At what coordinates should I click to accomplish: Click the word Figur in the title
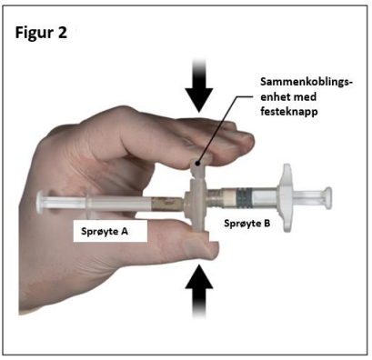[33, 33]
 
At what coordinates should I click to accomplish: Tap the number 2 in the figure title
[62, 32]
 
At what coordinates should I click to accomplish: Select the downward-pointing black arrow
[199, 85]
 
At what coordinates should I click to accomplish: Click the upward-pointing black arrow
[199, 291]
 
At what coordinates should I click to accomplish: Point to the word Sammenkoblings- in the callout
[307, 82]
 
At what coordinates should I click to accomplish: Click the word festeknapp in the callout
[289, 111]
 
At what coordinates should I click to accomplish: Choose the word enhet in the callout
[276, 96]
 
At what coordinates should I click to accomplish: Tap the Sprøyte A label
[105, 232]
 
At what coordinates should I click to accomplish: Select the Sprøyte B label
[246, 224]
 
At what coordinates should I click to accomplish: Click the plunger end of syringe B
[327, 197]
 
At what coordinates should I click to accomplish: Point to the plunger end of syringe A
[40, 202]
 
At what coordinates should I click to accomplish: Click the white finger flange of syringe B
[286, 198]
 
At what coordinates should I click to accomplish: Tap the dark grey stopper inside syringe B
[245, 198]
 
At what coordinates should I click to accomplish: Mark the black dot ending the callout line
[197, 164]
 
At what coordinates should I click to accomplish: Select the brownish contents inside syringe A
[167, 204]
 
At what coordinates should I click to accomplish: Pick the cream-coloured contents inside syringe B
[230, 199]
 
